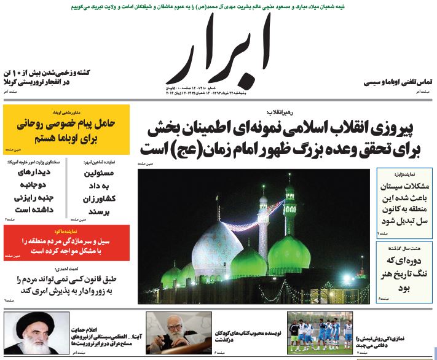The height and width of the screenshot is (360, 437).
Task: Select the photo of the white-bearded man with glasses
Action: coord(170,334)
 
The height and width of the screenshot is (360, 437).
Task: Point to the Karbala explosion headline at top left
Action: coord(47,77)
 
